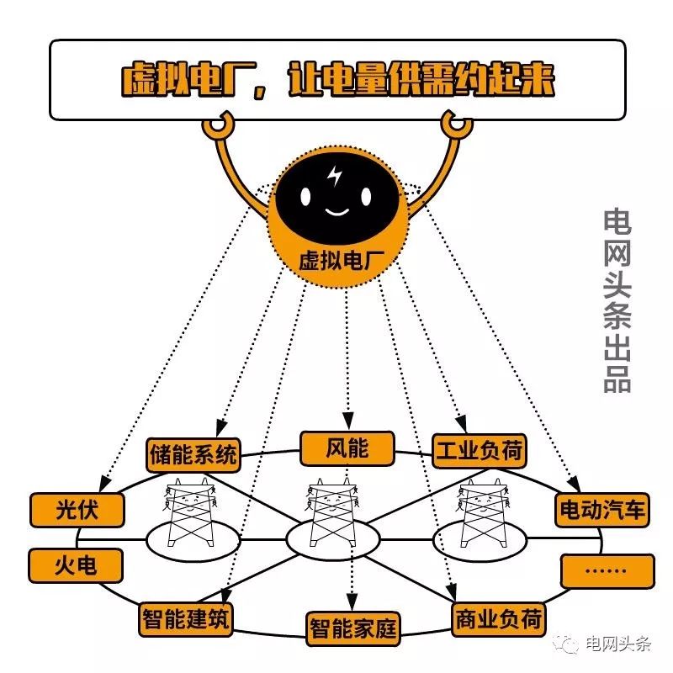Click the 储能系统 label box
(193, 455)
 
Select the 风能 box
(347, 448)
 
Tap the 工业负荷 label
(479, 452)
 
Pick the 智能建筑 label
(187, 618)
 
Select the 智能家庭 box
(352, 628)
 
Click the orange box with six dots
(607, 570)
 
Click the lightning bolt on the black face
(336, 178)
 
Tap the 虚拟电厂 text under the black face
(337, 259)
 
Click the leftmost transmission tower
(188, 513)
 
